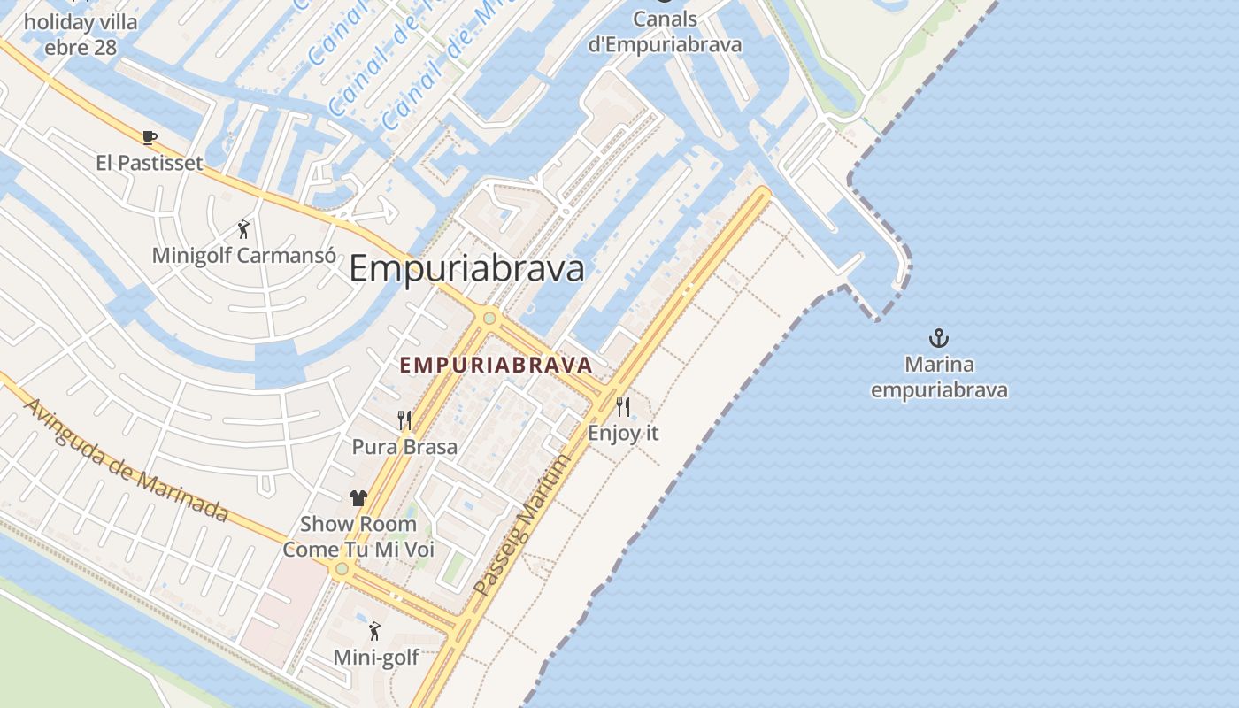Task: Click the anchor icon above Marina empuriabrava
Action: tap(938, 337)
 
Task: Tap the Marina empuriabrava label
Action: tap(939, 377)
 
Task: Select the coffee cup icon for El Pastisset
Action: tap(150, 137)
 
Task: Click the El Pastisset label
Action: tap(150, 163)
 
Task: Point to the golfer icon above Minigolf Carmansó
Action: tap(243, 229)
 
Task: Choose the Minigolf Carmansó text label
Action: tap(243, 256)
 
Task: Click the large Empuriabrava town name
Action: tap(466, 268)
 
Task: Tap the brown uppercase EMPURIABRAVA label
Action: tap(496, 365)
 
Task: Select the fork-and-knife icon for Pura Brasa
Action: tap(404, 419)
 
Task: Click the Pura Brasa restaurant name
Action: tap(404, 446)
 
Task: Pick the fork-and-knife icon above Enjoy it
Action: tap(623, 407)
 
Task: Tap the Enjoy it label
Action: tap(623, 434)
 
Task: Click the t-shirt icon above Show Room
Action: tap(358, 498)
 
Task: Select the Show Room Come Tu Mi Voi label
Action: tap(358, 536)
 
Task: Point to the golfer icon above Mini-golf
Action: tap(374, 631)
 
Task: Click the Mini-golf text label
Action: tap(375, 658)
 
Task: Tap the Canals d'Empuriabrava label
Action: tap(665, 31)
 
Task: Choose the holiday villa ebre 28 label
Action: tap(81, 34)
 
